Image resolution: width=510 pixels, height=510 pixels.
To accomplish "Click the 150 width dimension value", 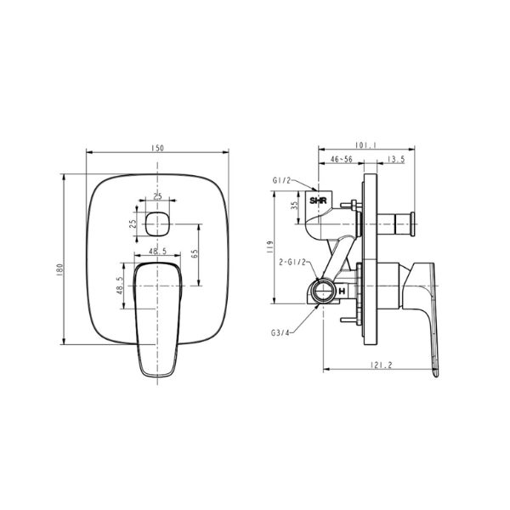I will [x=157, y=148].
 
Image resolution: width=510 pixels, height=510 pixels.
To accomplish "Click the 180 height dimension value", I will [x=60, y=268].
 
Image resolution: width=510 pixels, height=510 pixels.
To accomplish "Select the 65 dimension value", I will [x=195, y=253].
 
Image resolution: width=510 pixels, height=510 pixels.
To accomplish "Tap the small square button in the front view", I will [x=157, y=225].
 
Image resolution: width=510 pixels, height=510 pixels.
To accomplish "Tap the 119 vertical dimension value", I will [x=269, y=246].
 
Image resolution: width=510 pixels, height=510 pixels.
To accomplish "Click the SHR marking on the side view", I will [x=319, y=201].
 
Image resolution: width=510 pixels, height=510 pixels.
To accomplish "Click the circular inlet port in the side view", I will [x=323, y=291].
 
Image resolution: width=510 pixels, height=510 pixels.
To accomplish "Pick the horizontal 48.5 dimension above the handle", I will [x=157, y=252].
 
